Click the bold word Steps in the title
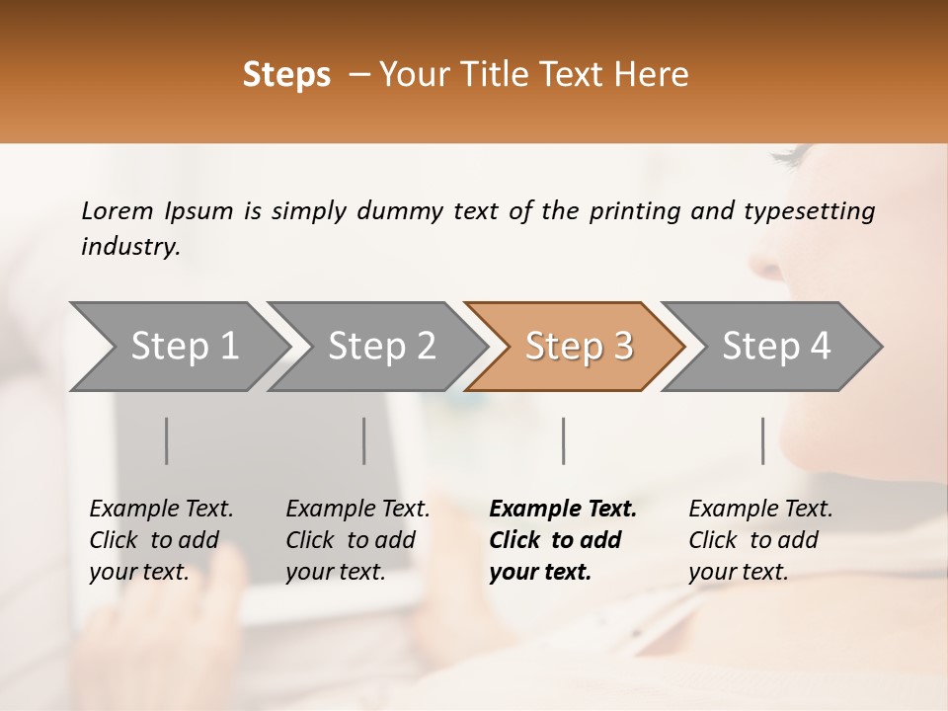pos(286,75)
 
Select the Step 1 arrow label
pos(185,347)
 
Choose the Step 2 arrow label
pos(381,347)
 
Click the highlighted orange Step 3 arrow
pos(579,347)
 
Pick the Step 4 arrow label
pos(776,347)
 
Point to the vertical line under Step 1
pos(167,440)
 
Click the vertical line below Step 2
pos(364,440)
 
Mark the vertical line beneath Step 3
pos(564,440)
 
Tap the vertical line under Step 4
pos(763,440)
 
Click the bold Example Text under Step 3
pos(563,510)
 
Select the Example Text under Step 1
pos(161,510)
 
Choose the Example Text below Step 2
pos(357,510)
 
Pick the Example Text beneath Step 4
pos(760,510)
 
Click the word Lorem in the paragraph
pos(118,211)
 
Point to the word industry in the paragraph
pos(129,247)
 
